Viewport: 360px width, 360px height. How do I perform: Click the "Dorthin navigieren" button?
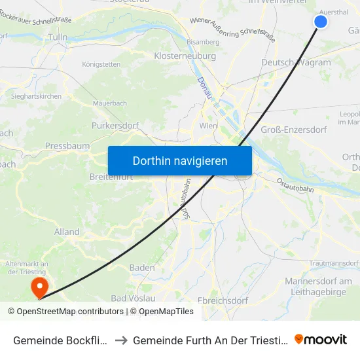pos(180,160)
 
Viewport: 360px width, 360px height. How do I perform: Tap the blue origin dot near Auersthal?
pos(321,22)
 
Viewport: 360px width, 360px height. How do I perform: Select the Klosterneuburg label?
pos(185,56)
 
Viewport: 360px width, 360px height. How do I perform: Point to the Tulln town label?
pos(58,37)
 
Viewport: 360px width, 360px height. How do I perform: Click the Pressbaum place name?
pos(67,146)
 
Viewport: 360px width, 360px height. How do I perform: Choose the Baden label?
pos(142,268)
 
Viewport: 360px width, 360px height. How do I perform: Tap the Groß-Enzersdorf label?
pos(294,130)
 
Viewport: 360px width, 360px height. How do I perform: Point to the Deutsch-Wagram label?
pos(296,62)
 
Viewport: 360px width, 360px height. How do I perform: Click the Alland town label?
pos(67,232)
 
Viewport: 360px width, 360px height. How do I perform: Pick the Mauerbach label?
pos(110,103)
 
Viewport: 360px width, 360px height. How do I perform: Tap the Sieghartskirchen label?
pos(37,96)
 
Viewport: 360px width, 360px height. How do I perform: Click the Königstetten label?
pos(101,64)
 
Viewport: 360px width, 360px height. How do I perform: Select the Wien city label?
pos(207,125)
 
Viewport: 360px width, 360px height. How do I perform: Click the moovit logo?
pos(321,339)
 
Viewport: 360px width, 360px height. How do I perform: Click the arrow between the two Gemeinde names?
pos(121,340)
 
